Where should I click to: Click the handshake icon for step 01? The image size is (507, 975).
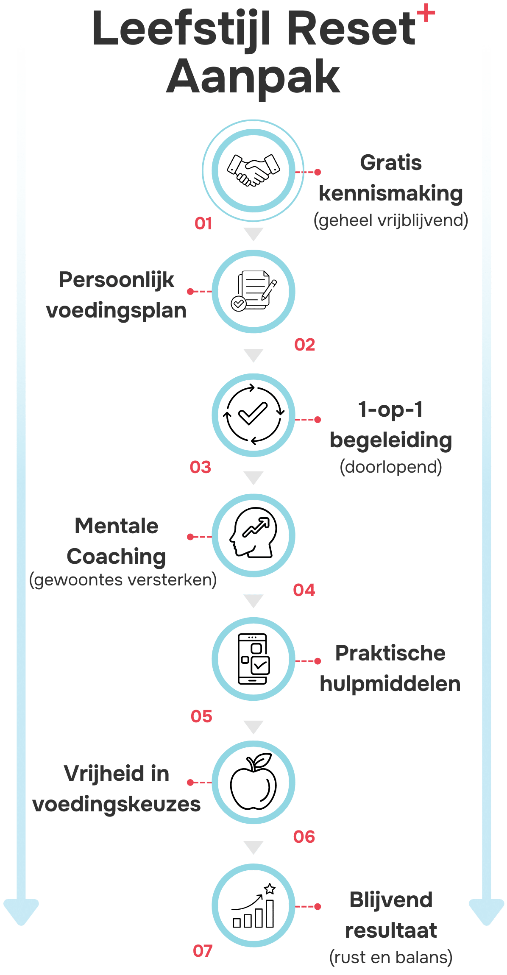[x=253, y=170]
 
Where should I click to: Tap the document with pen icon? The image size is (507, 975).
[x=253, y=291]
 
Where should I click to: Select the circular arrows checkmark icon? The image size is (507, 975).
[x=253, y=415]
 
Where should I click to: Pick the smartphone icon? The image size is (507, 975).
[x=253, y=658]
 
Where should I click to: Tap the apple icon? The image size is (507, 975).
[x=253, y=781]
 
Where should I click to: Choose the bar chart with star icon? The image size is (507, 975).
[x=253, y=906]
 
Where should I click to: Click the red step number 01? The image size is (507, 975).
[x=203, y=223]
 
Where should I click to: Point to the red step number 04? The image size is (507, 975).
[x=304, y=590]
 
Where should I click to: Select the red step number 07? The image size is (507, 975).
[x=203, y=951]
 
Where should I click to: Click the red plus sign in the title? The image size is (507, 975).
[x=426, y=14]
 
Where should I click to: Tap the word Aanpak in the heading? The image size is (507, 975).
[x=253, y=78]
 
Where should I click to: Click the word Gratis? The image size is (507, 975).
[x=391, y=163]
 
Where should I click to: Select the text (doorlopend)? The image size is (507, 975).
[x=391, y=467]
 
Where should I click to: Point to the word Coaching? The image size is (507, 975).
[x=116, y=557]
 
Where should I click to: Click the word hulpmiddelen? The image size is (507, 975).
[x=390, y=684]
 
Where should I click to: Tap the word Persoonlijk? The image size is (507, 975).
[x=117, y=280]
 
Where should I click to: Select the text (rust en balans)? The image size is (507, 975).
[x=391, y=958]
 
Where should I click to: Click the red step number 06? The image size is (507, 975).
[x=304, y=836]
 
